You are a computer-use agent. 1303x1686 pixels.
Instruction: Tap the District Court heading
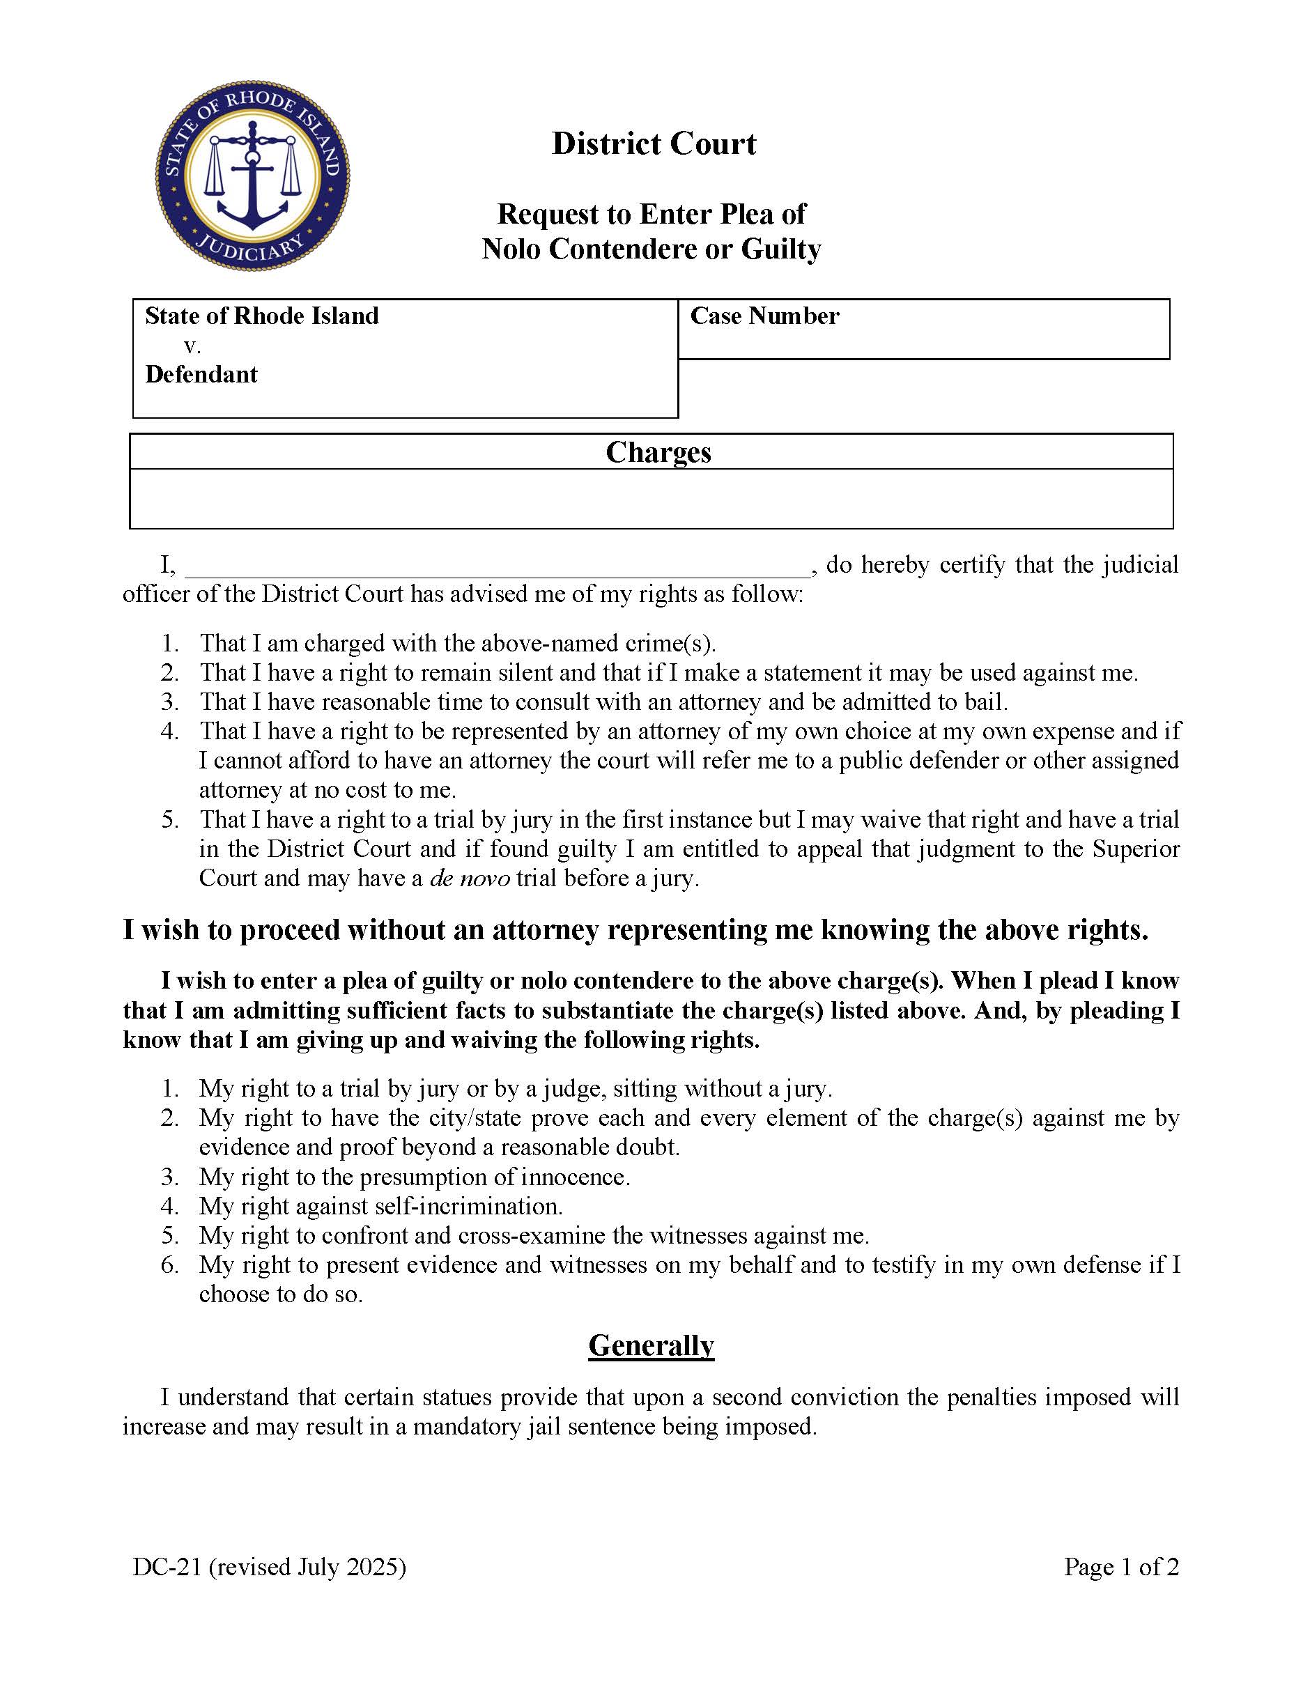(654, 144)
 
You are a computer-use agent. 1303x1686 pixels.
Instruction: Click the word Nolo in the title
(511, 249)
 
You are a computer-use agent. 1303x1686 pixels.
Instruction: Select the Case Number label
(764, 316)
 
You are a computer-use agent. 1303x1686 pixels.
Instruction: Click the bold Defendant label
(201, 374)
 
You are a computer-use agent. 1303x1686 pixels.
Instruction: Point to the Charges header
(658, 452)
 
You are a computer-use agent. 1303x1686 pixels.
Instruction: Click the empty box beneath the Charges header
(651, 499)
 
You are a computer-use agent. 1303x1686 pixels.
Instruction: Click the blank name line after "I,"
(498, 566)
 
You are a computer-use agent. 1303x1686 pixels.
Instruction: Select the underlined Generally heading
(651, 1345)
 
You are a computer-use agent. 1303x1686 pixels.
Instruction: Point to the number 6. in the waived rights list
(170, 1264)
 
